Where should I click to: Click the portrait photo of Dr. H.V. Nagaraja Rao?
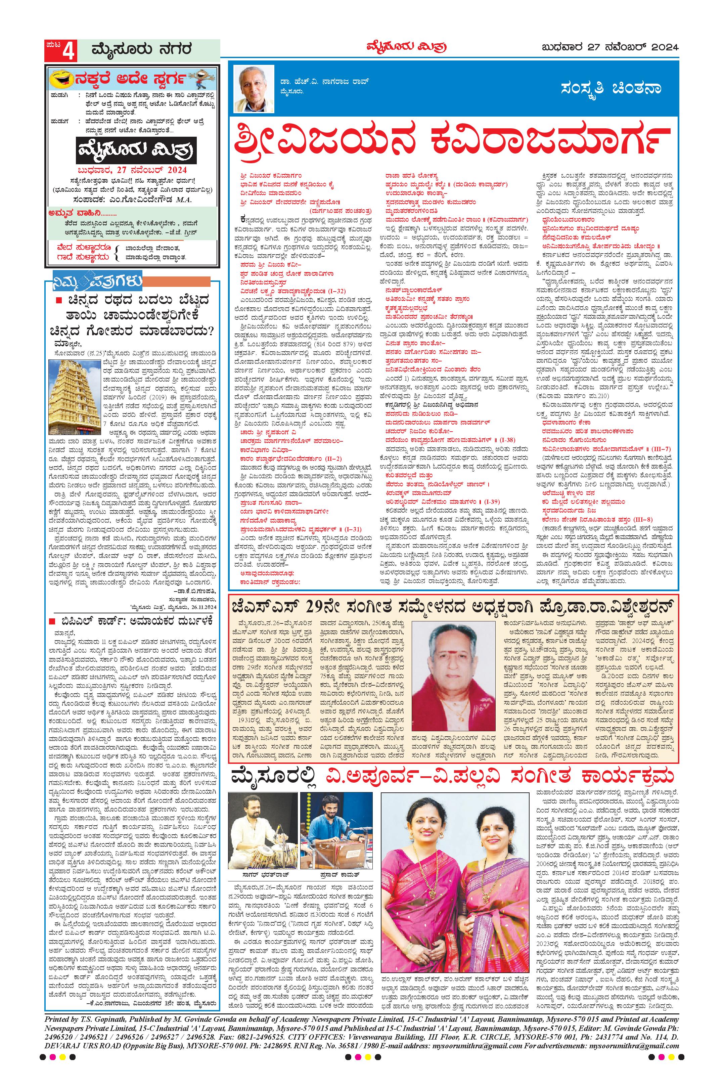click(x=251, y=89)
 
